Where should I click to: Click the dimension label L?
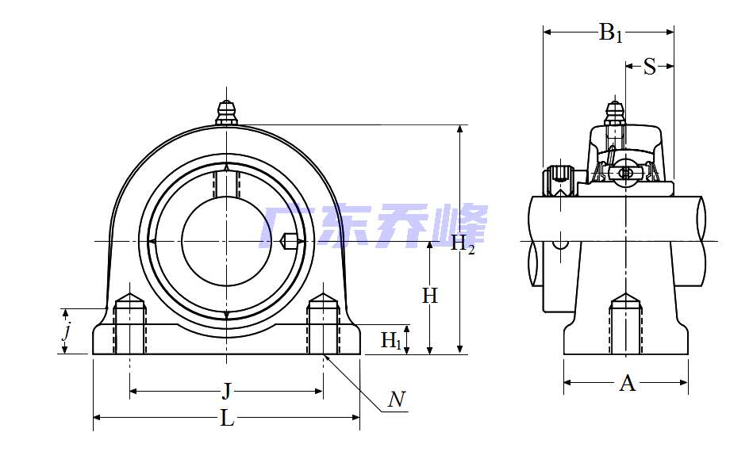[x=227, y=419]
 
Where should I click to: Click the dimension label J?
[x=227, y=391]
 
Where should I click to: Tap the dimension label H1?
[x=391, y=340]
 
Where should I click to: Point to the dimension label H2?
[x=463, y=245]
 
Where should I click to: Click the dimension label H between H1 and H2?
[x=429, y=296]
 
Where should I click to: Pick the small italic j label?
[x=67, y=331]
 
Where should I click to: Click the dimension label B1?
[x=610, y=33]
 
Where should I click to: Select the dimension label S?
[x=649, y=67]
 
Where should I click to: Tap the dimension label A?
[x=627, y=384]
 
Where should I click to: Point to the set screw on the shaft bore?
[x=290, y=241]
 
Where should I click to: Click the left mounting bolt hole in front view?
[x=130, y=325]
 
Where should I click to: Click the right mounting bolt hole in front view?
[x=323, y=325]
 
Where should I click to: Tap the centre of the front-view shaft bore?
[x=227, y=241]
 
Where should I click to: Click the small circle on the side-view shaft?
[x=561, y=240]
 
